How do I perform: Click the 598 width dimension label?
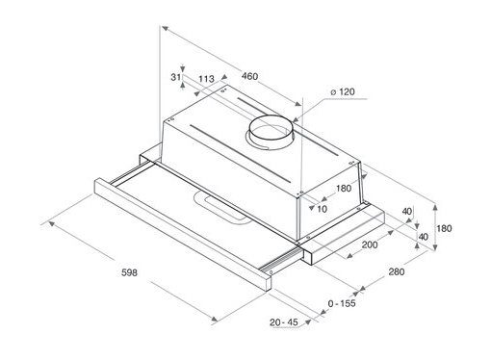pos(129,272)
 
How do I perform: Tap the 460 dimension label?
pos(249,76)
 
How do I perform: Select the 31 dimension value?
pos(175,77)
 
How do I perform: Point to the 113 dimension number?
pos(206,79)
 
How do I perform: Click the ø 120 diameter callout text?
pos(343,92)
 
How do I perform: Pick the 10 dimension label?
pos(322,209)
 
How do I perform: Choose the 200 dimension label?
pos(370,244)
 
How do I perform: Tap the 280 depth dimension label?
pos(397,271)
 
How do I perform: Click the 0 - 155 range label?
pos(342,303)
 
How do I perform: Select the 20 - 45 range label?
pos(284,321)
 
